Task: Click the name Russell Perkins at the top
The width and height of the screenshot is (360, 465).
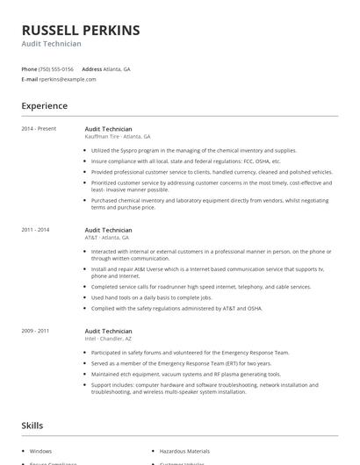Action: [81, 30]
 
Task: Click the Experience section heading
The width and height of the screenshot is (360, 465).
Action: [45, 106]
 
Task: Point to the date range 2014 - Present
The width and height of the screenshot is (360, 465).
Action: [39, 128]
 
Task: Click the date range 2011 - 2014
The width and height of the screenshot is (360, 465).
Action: [36, 230]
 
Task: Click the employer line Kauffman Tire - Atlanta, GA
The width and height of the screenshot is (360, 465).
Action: [118, 136]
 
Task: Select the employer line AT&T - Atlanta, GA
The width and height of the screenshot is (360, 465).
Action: [107, 237]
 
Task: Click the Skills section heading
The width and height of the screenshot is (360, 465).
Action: [32, 426]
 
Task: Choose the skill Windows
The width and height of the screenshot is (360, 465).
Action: [40, 450]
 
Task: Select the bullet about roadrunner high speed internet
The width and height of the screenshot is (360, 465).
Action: [200, 286]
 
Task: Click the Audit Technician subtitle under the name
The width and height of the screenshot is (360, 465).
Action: [52, 44]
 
